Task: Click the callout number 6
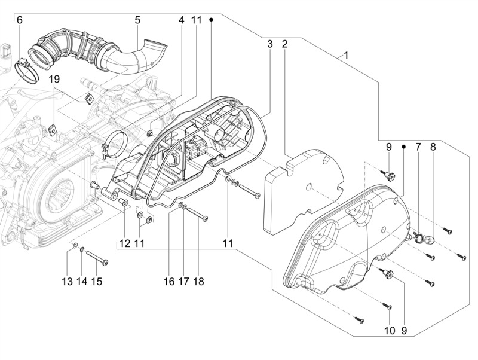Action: (19, 20)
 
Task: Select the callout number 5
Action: (137, 20)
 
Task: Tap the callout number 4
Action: (182, 20)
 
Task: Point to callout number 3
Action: (270, 44)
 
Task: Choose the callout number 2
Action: (285, 44)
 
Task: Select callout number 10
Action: (389, 330)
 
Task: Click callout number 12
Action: (124, 243)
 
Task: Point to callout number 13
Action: (68, 281)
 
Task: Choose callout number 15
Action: (97, 281)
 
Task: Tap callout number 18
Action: (198, 281)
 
